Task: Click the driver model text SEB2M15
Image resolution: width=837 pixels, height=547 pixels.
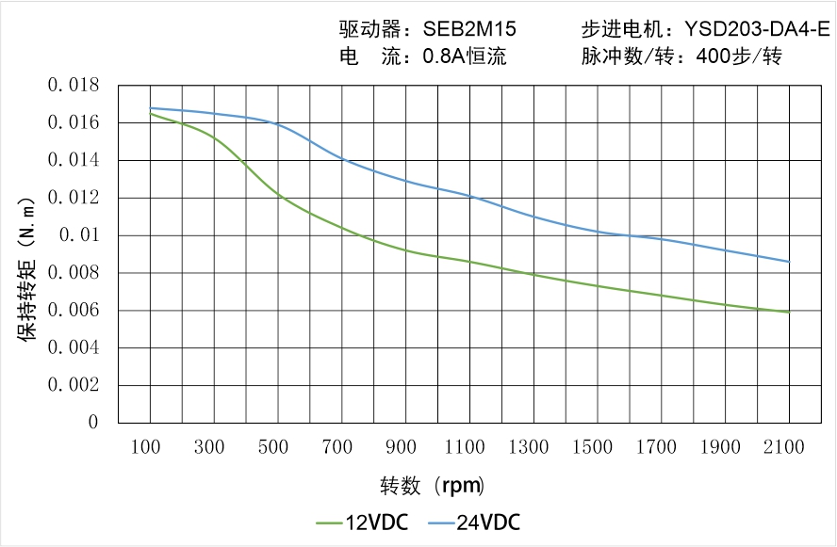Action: coord(468,29)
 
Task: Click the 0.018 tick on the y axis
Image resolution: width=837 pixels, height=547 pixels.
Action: coord(73,86)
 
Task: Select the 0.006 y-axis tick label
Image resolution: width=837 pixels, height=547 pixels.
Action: coord(73,311)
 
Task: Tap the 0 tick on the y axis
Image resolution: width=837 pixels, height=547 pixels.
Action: coord(93,423)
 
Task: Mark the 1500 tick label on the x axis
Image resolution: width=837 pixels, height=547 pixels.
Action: coord(597,447)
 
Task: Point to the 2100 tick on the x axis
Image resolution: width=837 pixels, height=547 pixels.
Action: coord(788,447)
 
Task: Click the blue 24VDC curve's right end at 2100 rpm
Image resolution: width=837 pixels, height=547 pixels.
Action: coord(788,262)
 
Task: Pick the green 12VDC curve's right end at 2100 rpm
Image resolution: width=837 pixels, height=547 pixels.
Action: coord(788,312)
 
